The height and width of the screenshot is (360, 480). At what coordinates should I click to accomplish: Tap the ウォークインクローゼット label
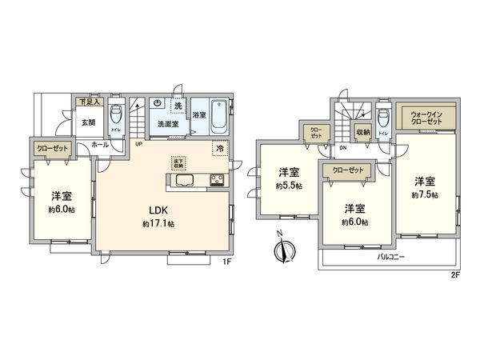[427, 118]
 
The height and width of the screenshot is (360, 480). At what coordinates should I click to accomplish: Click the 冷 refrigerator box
[218, 148]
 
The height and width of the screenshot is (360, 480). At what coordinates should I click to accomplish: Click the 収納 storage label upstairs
[363, 133]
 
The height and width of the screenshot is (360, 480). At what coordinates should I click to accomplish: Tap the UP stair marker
[138, 145]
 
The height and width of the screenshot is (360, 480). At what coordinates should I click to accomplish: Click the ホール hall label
[100, 145]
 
